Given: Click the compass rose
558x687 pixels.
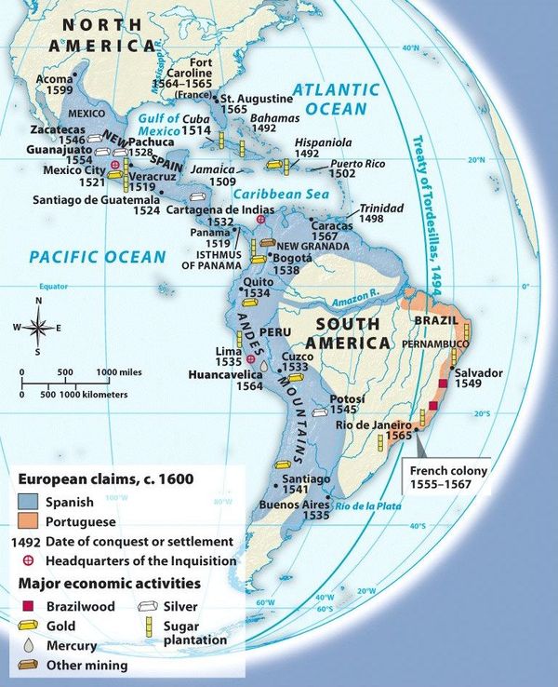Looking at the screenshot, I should pyautogui.click(x=38, y=327).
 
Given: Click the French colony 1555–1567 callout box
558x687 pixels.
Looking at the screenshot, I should pyautogui.click(x=450, y=478).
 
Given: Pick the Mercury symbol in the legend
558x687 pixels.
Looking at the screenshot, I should pyautogui.click(x=26, y=644).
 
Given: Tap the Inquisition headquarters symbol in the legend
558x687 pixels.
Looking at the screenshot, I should pyautogui.click(x=26, y=561).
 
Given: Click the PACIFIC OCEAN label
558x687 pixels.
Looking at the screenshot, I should pyautogui.click(x=97, y=256).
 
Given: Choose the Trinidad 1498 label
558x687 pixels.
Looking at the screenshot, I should pyautogui.click(x=384, y=213).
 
